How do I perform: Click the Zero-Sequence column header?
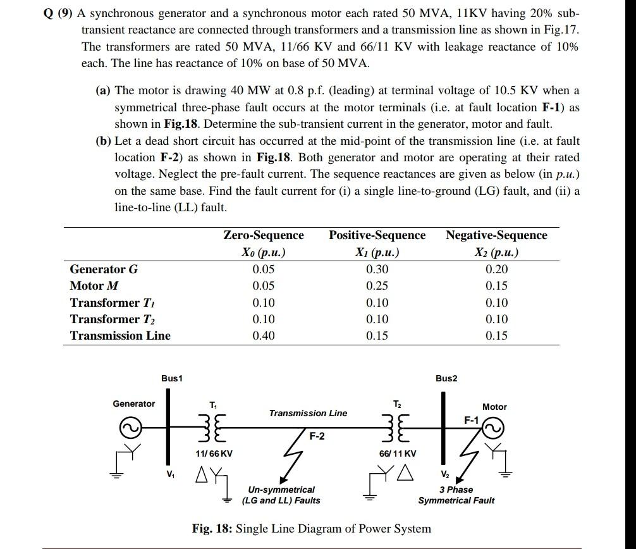(264, 235)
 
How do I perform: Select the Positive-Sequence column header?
(377, 235)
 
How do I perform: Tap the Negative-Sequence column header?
(496, 235)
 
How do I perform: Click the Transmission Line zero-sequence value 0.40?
(264, 336)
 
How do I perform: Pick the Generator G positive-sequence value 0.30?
(377, 269)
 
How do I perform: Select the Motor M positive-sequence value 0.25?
(377, 286)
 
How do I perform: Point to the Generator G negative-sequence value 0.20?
(496, 269)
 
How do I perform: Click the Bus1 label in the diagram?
(171, 378)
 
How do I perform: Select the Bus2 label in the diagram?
(446, 378)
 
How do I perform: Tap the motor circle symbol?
(494, 429)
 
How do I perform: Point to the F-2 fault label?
(317, 436)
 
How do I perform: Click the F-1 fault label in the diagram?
(472, 419)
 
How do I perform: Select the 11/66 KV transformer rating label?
(214, 453)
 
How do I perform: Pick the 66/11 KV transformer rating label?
(398, 453)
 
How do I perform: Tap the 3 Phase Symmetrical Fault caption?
(456, 495)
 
